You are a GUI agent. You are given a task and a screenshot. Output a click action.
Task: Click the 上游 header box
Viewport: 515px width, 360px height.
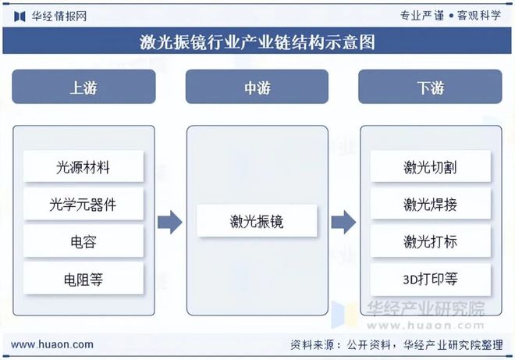[83, 87]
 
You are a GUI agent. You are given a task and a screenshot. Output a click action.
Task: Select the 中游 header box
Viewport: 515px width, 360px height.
[257, 87]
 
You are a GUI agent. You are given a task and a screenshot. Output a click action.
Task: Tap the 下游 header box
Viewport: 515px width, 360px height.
[430, 87]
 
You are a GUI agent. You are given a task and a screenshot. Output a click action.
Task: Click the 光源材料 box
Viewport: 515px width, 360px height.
[83, 166]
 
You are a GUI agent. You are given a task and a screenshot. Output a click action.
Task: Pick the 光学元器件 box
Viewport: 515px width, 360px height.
[83, 205]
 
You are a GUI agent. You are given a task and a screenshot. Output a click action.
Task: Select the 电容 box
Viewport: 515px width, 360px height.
[83, 242]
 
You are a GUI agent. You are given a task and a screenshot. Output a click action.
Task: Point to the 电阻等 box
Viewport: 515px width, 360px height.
[83, 279]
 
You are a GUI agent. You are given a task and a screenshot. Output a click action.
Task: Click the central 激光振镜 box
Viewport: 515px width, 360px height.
[257, 222]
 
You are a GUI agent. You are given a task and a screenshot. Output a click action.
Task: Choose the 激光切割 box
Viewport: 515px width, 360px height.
[430, 166]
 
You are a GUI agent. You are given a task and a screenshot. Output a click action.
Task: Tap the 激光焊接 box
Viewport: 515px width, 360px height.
[430, 205]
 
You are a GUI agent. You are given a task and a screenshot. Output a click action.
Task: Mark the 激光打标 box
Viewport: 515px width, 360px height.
[430, 242]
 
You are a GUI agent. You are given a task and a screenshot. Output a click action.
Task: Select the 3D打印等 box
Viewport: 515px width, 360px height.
[430, 279]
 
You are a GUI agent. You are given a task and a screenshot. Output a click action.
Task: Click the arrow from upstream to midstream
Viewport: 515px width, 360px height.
[169, 223]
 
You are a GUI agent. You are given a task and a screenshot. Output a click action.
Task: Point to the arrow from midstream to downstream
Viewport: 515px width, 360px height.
[343, 223]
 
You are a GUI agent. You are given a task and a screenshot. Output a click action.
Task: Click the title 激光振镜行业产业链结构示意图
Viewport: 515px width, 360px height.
[257, 42]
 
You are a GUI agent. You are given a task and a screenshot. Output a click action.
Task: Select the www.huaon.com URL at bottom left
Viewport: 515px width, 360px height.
[52, 344]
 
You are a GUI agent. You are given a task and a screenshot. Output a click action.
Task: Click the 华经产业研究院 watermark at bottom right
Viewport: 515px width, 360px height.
[425, 308]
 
